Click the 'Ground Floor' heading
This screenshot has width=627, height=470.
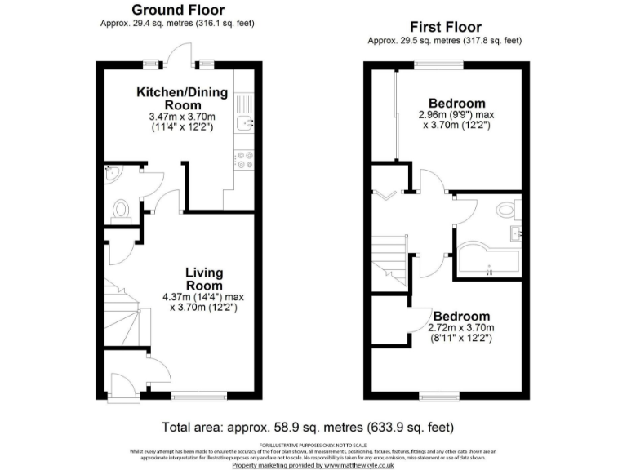click(179, 10)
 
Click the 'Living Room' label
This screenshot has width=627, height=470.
click(203, 279)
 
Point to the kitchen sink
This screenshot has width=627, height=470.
click(245, 123)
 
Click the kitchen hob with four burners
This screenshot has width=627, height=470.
click(244, 160)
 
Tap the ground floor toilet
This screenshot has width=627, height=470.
click(121, 209)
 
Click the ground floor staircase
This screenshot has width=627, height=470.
click(122, 314)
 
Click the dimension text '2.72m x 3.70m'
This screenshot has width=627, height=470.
click(460, 328)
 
